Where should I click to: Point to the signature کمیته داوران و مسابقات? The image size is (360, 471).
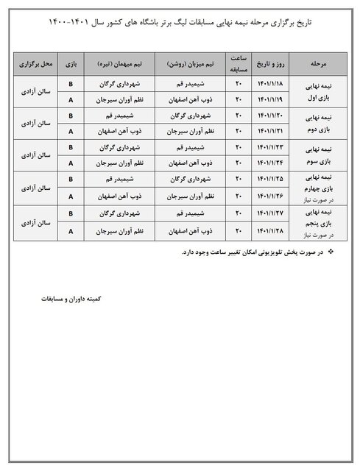click(74, 301)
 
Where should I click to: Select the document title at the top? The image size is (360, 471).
click(180, 24)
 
